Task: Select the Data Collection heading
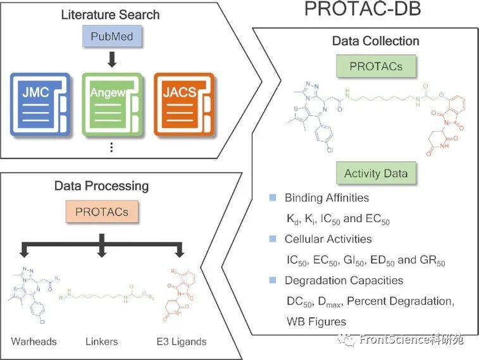pyautogui.click(x=376, y=41)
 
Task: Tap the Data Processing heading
pyautogui.click(x=102, y=186)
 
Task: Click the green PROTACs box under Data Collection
pyautogui.click(x=376, y=66)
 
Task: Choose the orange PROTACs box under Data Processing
pyautogui.click(x=102, y=212)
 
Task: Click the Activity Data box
pyautogui.click(x=376, y=173)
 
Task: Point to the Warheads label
pyautogui.click(x=34, y=342)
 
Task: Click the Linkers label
pyautogui.click(x=102, y=342)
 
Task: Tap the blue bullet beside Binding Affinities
pyautogui.click(x=272, y=198)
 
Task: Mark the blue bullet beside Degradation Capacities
pyautogui.click(x=272, y=280)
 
